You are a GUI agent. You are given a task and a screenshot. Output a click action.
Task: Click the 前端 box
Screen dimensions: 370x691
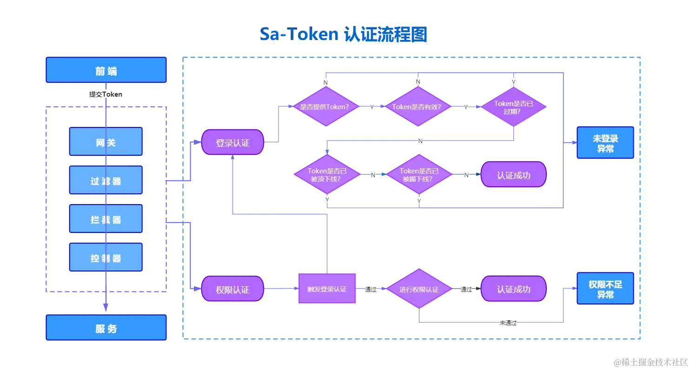click(106, 71)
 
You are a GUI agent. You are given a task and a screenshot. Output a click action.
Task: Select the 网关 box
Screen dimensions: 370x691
click(106, 142)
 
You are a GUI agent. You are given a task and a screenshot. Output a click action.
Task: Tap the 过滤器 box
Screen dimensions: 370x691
click(106, 180)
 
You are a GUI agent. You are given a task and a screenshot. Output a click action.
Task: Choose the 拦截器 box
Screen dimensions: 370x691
click(106, 219)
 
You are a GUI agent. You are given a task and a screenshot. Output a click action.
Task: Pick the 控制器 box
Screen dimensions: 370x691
click(106, 258)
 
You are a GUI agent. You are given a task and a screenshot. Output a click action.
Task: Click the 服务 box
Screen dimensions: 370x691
click(106, 328)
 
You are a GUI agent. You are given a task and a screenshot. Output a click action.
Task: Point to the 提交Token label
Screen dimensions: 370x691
click(106, 94)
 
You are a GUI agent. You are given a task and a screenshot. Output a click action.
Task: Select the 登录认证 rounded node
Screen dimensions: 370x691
click(233, 143)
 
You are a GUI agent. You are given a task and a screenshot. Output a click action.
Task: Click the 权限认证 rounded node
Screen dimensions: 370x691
click(233, 289)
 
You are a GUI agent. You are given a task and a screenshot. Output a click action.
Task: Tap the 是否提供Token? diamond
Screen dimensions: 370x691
click(325, 106)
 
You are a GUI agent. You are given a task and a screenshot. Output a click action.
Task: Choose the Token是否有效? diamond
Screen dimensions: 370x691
click(418, 106)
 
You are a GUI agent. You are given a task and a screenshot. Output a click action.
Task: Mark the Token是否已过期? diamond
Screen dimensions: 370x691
click(513, 107)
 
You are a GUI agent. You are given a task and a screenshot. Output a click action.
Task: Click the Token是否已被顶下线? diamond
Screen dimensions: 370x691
click(327, 175)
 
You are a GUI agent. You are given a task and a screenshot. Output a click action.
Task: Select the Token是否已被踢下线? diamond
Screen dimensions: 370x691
click(419, 175)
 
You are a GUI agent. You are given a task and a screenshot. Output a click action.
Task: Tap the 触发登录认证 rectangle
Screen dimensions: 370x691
click(327, 289)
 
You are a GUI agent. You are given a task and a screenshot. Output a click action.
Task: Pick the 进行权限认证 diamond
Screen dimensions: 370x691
click(419, 289)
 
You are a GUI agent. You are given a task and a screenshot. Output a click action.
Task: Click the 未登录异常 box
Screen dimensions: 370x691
click(605, 144)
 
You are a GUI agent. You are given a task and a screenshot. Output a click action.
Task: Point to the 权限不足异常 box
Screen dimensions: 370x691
click(605, 289)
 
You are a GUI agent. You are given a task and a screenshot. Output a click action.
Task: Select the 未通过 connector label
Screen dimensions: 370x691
click(508, 323)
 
